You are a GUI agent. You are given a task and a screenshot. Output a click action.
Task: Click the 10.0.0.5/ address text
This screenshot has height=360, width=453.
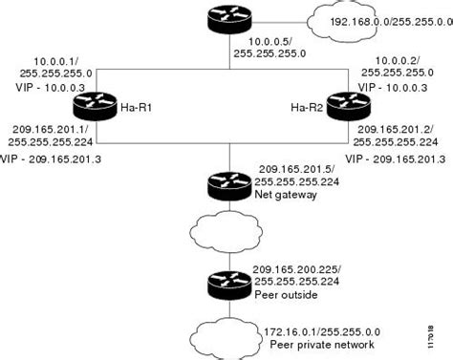pyautogui.click(x=266, y=43)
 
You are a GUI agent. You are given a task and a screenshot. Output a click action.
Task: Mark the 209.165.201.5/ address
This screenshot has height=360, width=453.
pyautogui.click(x=289, y=168)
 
